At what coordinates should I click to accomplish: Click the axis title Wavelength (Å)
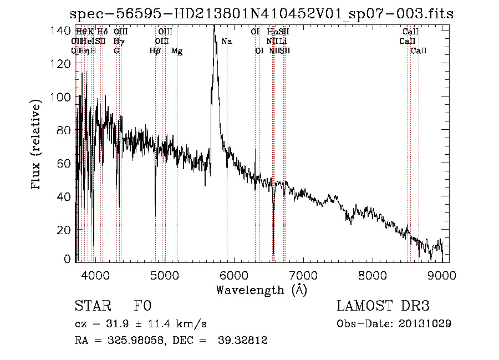tap(261, 290)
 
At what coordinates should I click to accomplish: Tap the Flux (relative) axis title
tap(37, 145)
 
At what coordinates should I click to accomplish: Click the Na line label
tap(227, 42)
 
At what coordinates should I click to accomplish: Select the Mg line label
tap(177, 51)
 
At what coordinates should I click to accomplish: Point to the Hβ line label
tap(155, 51)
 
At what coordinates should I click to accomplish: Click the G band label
tap(116, 51)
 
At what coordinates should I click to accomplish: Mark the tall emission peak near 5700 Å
tap(214, 33)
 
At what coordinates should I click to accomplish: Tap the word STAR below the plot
tap(91, 306)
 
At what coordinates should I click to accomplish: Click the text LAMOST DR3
tap(383, 306)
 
